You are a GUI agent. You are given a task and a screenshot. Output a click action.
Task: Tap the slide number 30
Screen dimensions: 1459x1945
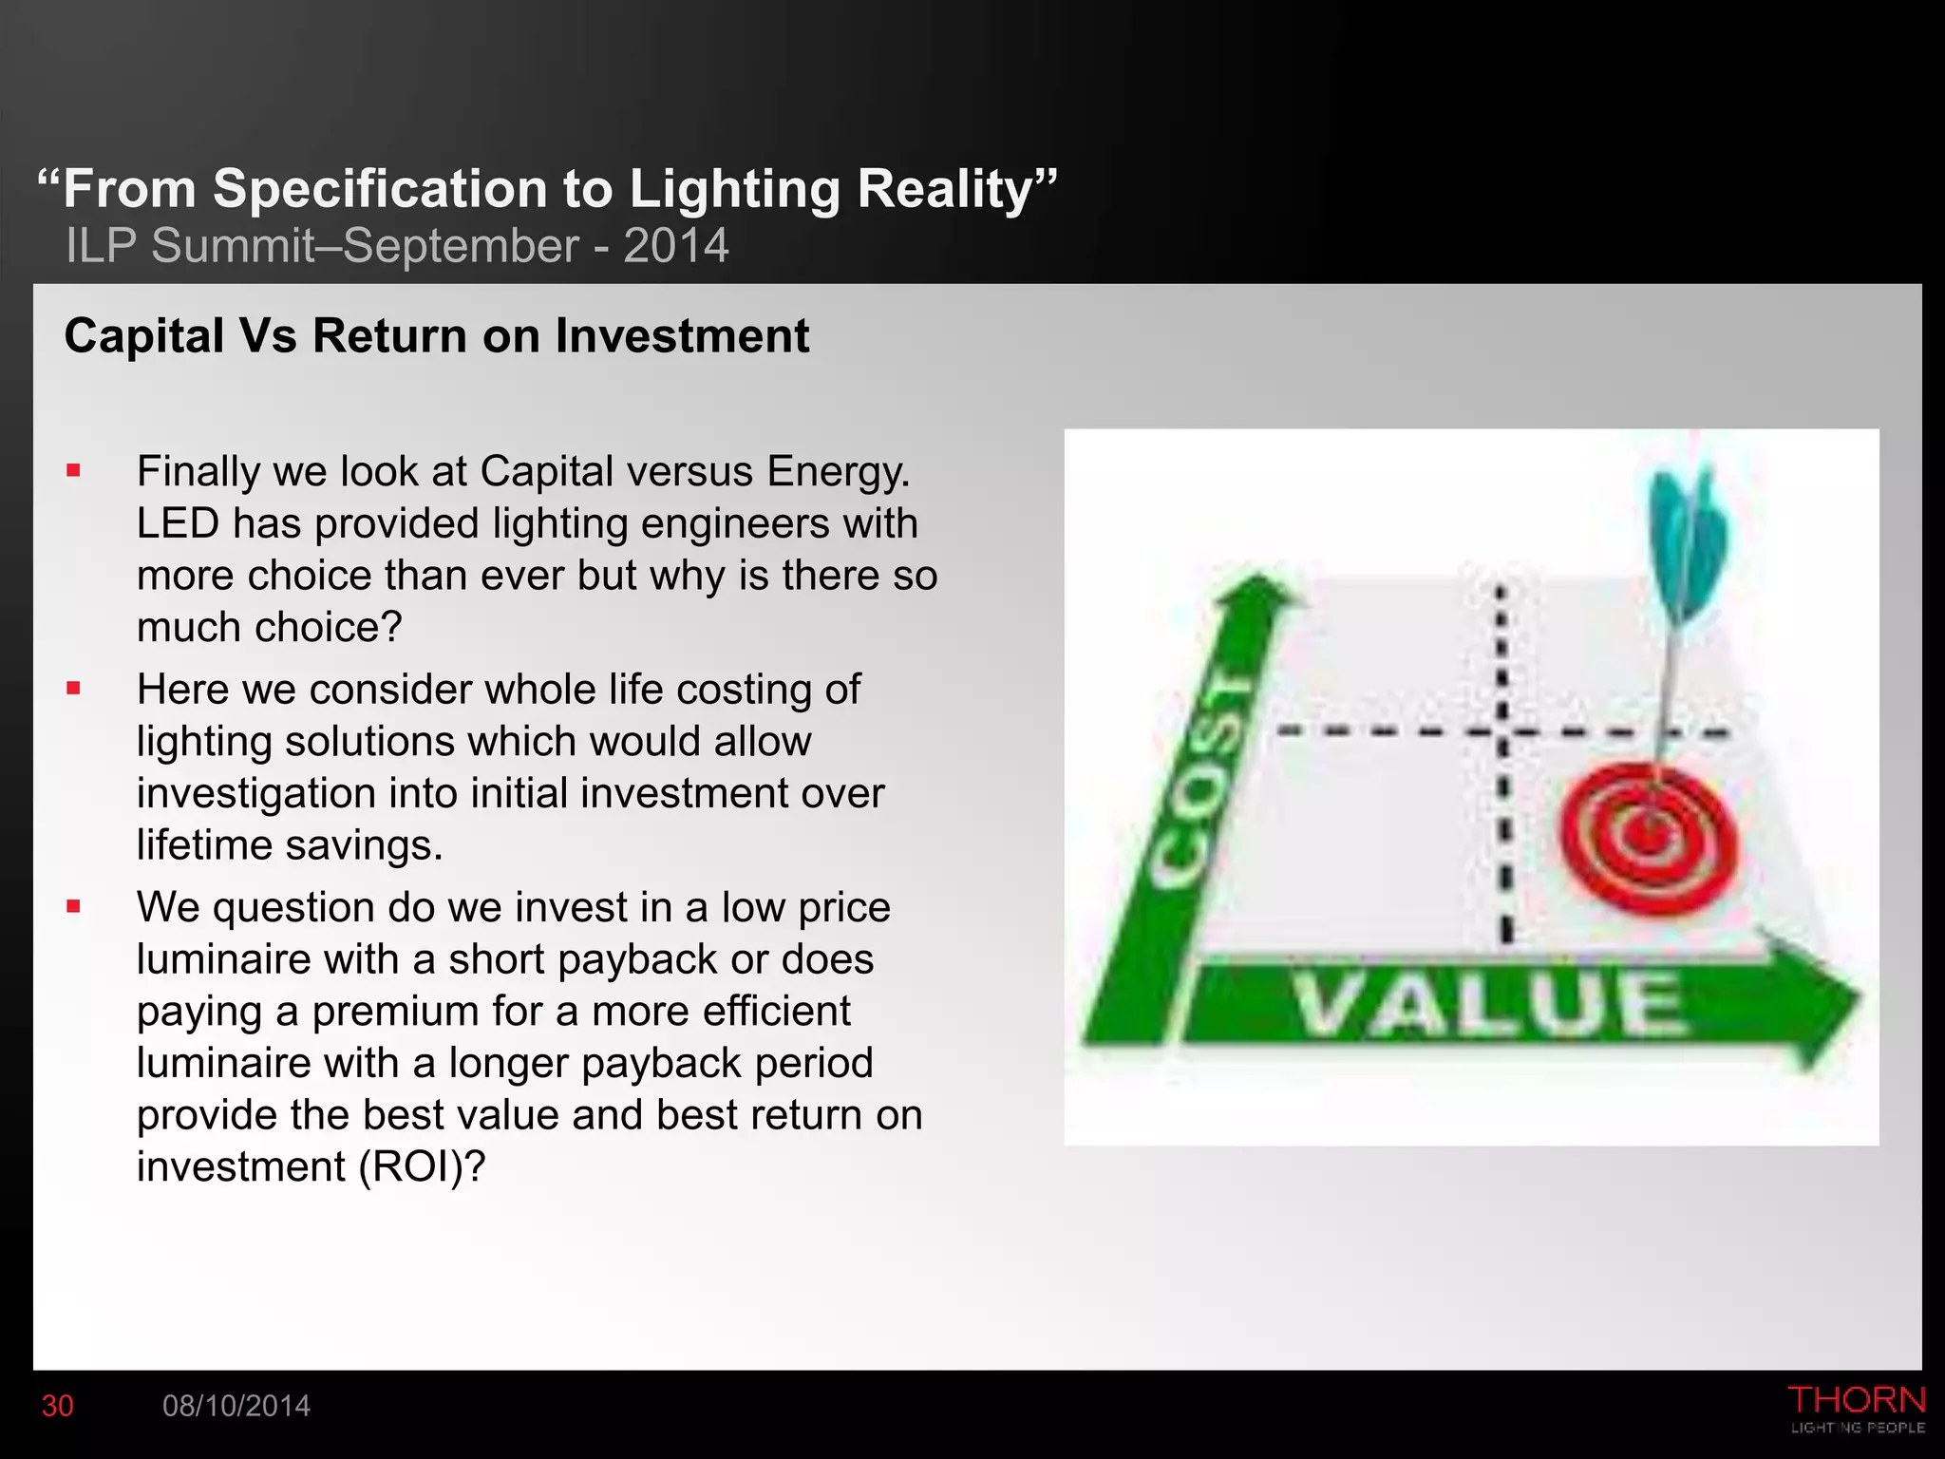(x=58, y=1406)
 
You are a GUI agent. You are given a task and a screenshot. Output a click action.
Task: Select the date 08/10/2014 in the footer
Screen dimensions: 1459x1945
(x=236, y=1406)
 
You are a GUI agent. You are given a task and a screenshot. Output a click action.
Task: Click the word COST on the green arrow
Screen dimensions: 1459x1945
(x=1201, y=779)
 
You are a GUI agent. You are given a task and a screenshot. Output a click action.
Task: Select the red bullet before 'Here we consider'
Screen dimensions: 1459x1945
(x=73, y=689)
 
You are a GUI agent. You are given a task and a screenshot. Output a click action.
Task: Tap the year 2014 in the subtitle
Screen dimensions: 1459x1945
(x=675, y=246)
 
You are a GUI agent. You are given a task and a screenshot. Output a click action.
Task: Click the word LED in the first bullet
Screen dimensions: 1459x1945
(x=178, y=523)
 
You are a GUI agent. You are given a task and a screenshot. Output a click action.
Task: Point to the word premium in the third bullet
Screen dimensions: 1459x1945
(x=396, y=1011)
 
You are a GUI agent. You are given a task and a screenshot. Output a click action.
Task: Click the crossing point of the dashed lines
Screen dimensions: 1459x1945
(x=1501, y=732)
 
